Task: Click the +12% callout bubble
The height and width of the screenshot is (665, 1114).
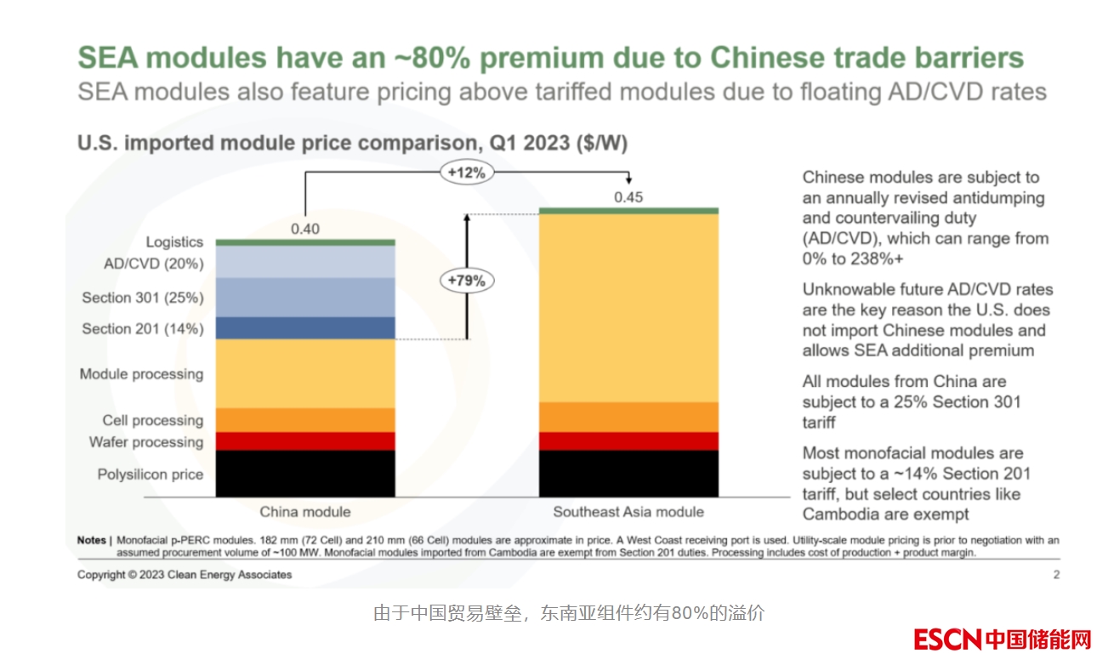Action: [467, 173]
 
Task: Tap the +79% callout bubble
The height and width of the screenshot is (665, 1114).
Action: [467, 280]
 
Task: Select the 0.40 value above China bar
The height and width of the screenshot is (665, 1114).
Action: [305, 228]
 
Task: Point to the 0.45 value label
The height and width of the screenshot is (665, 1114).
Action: [628, 197]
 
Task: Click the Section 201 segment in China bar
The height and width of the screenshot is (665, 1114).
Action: [305, 328]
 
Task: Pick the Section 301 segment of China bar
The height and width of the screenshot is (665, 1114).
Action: [305, 298]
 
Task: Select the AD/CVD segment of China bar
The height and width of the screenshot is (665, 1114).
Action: [305, 262]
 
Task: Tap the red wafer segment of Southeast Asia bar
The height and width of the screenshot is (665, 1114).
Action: [628, 441]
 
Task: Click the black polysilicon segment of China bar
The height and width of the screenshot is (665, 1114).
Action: [305, 474]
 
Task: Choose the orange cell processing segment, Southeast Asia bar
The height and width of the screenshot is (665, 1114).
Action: [628, 417]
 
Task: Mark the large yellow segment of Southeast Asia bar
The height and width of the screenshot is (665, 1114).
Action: [628, 307]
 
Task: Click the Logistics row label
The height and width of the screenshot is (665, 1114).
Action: [174, 242]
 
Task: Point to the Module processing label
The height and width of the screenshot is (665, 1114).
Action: [141, 374]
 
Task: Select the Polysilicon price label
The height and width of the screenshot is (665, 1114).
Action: [151, 475]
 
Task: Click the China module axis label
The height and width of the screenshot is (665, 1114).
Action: [305, 512]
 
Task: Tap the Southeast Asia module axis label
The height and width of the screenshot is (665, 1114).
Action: [628, 512]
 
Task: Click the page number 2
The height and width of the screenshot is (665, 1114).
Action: [1056, 575]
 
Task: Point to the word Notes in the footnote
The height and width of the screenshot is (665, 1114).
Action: [92, 540]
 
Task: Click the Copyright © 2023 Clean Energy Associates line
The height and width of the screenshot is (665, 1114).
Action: [185, 575]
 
